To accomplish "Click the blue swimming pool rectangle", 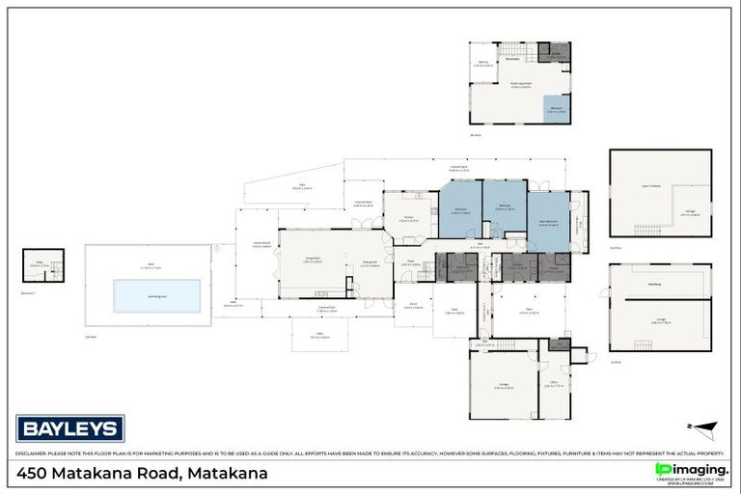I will click(x=156, y=295).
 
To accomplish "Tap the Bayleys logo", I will click(x=69, y=427).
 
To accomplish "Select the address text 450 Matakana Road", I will click(x=142, y=474).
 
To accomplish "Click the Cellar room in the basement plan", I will click(x=40, y=261).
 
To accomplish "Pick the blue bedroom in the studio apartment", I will click(x=556, y=109).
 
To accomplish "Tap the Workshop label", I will click(x=654, y=285).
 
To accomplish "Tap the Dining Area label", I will click(x=370, y=263).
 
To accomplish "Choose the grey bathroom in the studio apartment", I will click(x=554, y=53).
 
